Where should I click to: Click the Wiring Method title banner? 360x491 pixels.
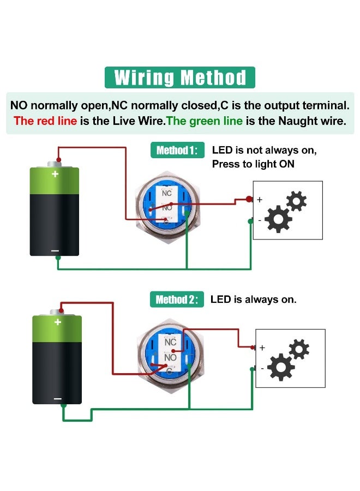click(x=179, y=77)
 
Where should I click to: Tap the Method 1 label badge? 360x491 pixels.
click(x=177, y=150)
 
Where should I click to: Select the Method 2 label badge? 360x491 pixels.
click(x=177, y=300)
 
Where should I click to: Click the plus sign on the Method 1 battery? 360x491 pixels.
click(x=55, y=174)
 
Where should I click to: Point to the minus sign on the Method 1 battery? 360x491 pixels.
click(x=55, y=251)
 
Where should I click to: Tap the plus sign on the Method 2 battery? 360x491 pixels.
click(x=58, y=322)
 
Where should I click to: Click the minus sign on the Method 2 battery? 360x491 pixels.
click(x=57, y=399)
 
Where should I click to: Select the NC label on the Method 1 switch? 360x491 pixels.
click(x=166, y=193)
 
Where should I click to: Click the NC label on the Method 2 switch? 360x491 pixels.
click(x=170, y=342)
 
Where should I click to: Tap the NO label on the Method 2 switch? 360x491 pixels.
click(x=170, y=357)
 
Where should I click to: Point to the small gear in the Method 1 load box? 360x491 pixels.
click(x=296, y=201)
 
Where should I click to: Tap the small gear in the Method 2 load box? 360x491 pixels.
click(x=298, y=349)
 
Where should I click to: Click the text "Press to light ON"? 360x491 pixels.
click(x=253, y=164)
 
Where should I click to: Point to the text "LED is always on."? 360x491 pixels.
click(x=253, y=300)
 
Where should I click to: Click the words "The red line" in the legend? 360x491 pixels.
click(x=45, y=121)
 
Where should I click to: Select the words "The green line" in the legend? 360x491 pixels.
click(x=205, y=121)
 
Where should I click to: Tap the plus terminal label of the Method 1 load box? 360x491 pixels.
click(x=260, y=200)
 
